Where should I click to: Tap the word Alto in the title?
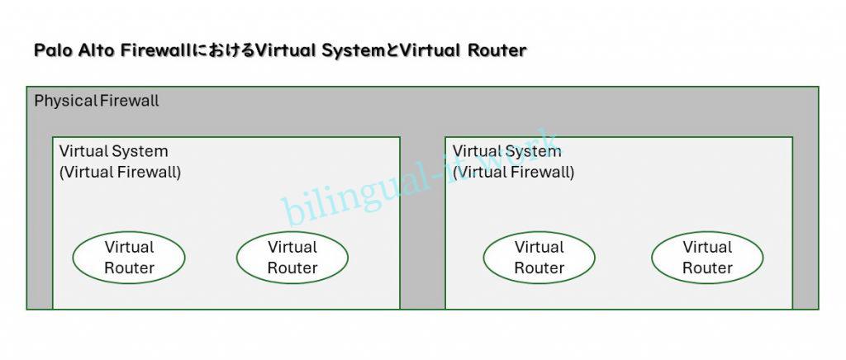point(94,50)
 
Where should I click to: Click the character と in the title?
point(391,50)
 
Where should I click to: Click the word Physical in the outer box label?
point(65,102)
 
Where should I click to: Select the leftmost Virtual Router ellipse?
point(129,258)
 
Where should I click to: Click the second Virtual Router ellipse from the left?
point(292,258)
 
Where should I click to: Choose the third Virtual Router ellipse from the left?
point(539,258)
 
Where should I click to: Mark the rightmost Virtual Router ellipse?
point(707,258)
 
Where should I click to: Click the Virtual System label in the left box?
point(113,152)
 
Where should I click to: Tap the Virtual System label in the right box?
point(506,152)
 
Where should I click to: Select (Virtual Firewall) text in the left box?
point(120,173)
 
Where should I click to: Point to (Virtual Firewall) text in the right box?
point(513,173)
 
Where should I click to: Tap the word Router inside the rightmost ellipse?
point(707,268)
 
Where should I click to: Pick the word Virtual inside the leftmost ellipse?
point(129,247)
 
